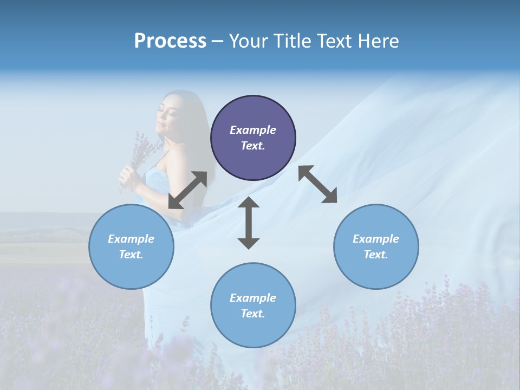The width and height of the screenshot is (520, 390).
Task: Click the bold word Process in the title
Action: [x=170, y=41]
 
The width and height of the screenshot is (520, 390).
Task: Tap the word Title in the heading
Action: [x=293, y=41]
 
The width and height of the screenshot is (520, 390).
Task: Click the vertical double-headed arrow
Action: [x=249, y=223]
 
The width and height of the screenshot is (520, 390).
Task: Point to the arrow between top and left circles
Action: [x=187, y=190]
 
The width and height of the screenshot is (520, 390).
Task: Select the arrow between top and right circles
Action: [x=317, y=185]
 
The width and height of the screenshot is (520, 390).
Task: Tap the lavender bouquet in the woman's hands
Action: [x=143, y=152]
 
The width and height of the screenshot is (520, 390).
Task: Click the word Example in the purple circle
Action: [x=253, y=130]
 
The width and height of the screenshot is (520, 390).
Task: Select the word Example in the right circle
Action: [x=376, y=239]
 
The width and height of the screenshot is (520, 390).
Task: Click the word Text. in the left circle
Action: [x=131, y=255]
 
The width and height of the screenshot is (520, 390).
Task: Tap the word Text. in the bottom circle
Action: [x=253, y=314]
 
